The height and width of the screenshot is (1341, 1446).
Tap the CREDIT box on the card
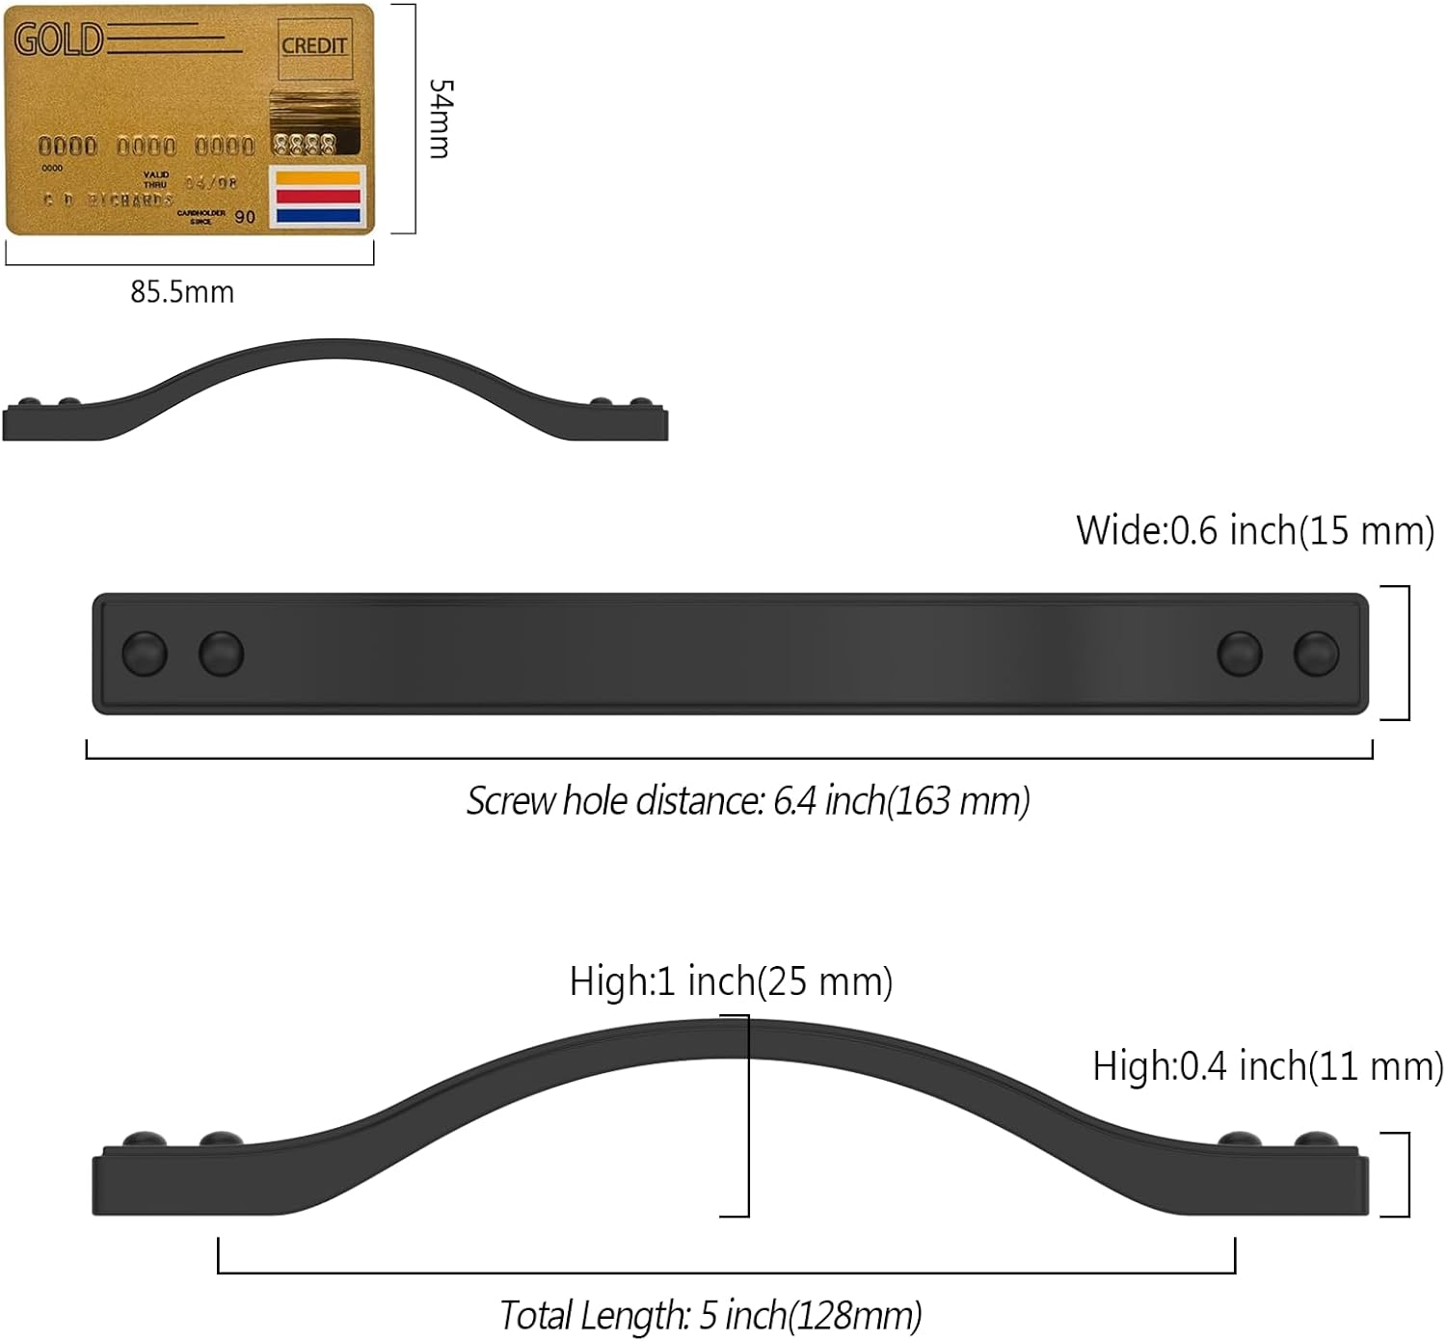pos(313,46)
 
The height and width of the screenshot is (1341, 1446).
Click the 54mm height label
pos(440,119)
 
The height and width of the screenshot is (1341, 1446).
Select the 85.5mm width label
pos(182,292)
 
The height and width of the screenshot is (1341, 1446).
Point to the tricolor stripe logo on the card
pos(317,196)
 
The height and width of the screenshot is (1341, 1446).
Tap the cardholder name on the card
pos(108,200)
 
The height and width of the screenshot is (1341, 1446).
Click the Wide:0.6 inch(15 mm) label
pos(1254,531)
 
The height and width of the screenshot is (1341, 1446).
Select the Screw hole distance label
pos(748,801)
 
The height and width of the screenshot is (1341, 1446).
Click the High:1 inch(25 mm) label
pos(731,981)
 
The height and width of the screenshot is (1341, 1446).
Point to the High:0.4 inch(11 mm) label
pos(1267,1066)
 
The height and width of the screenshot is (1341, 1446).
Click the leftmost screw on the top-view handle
pos(145,654)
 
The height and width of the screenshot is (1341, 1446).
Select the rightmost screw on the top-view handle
pos(1316,654)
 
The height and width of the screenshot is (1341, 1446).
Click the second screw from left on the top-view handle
pos(221,654)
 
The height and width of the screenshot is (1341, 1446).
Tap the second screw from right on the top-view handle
pos(1239,654)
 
